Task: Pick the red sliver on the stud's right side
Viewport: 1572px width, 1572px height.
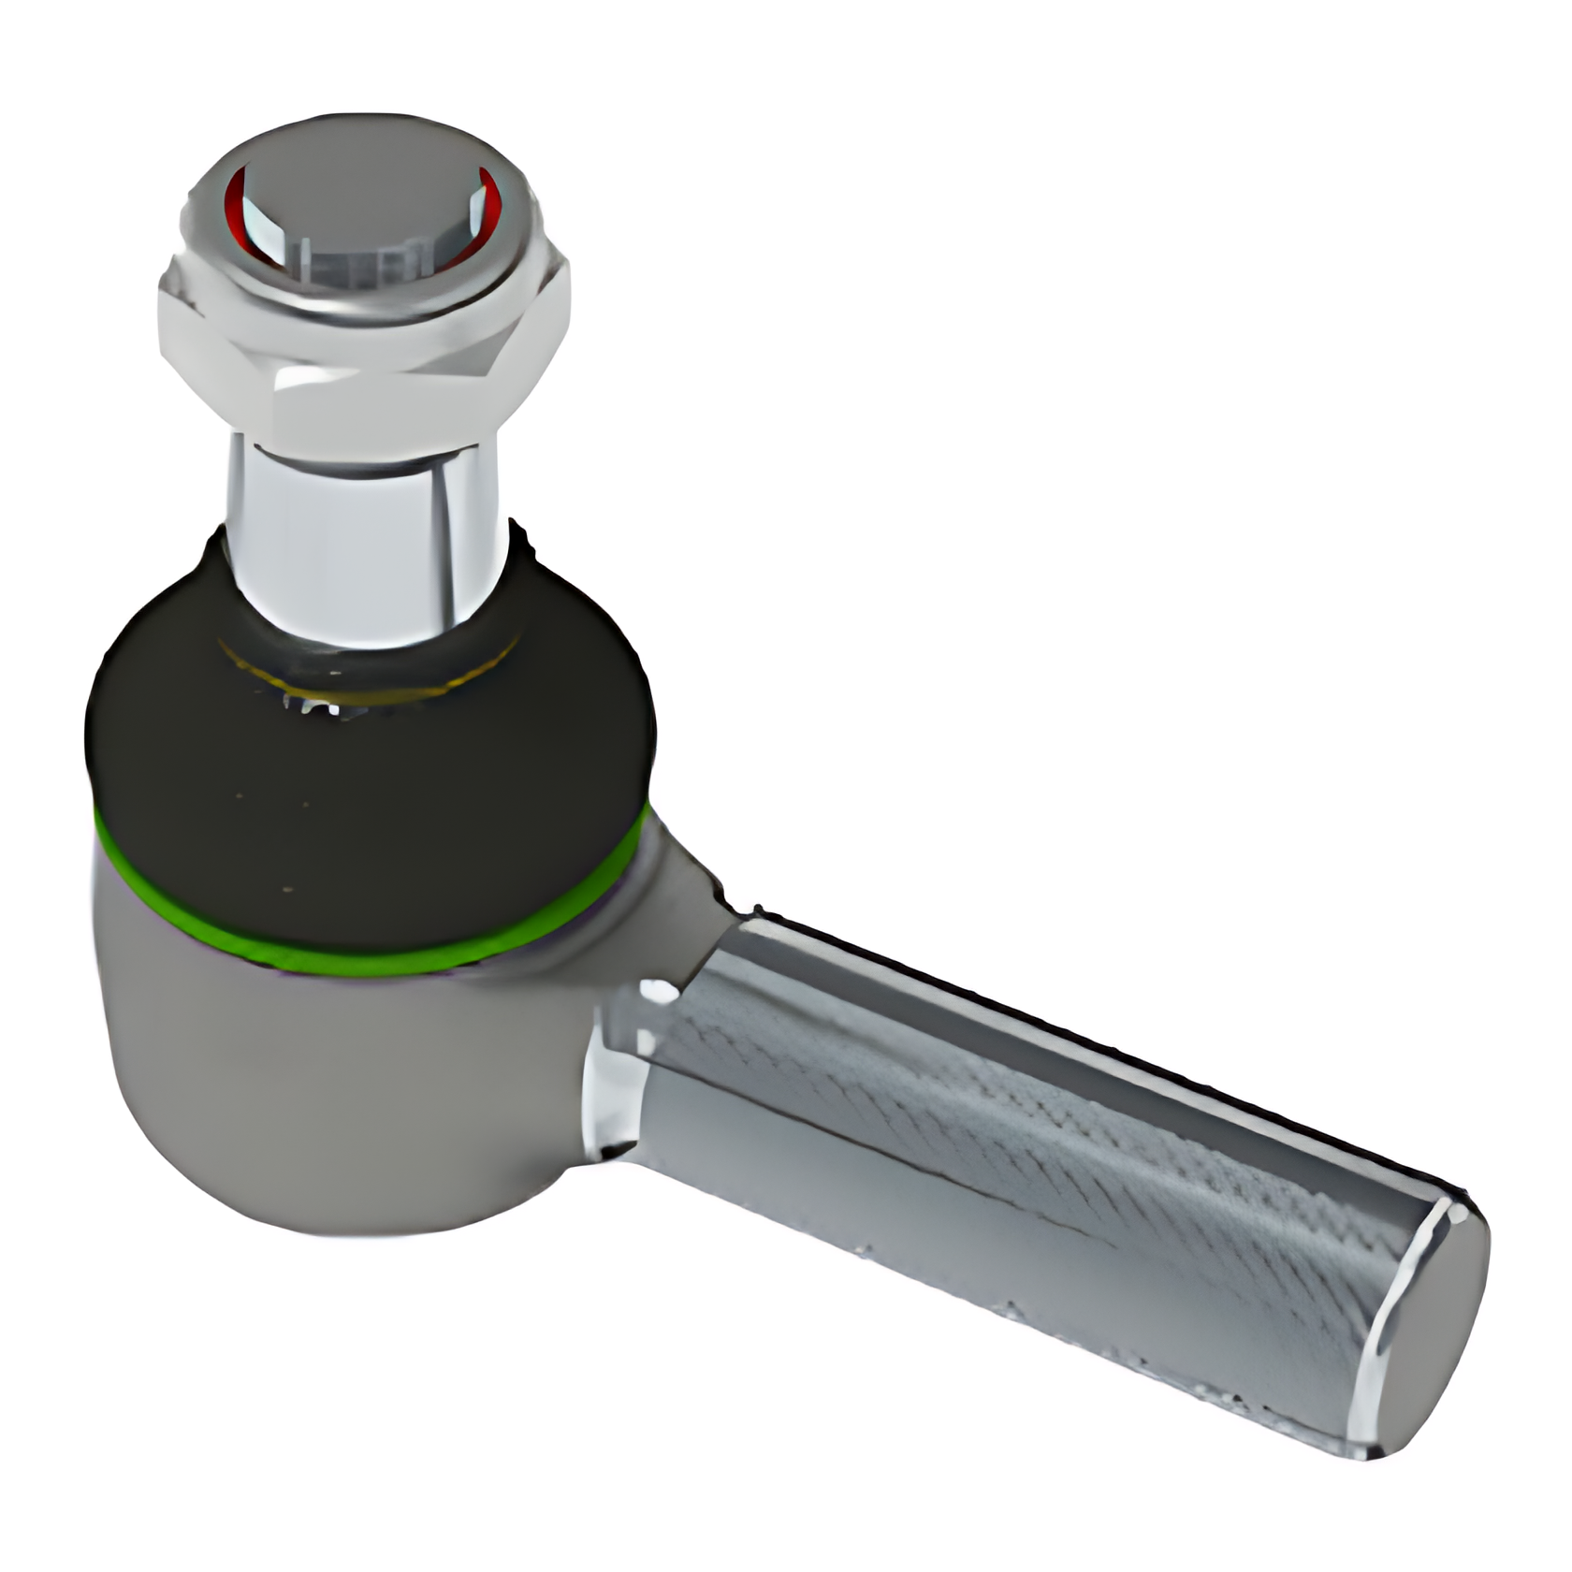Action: (488, 201)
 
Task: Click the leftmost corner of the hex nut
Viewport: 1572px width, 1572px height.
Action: (161, 309)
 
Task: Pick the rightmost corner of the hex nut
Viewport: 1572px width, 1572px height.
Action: (568, 290)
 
